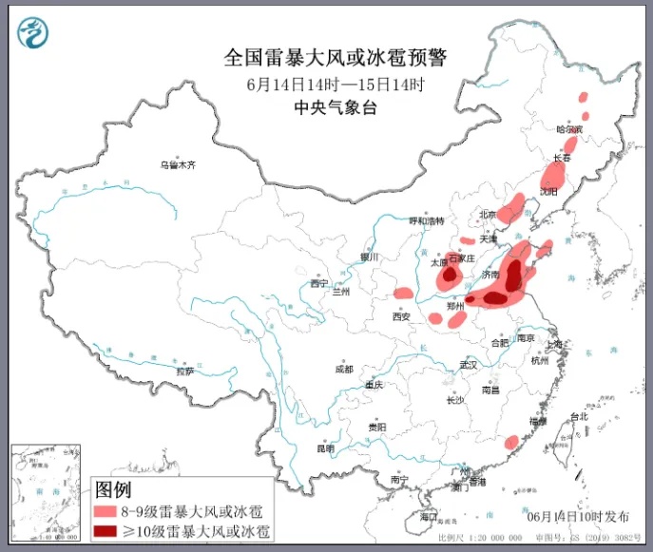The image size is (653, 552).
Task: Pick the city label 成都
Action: [x=343, y=369]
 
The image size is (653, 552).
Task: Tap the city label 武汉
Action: [x=468, y=364]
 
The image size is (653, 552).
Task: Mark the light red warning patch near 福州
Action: [x=511, y=442]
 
